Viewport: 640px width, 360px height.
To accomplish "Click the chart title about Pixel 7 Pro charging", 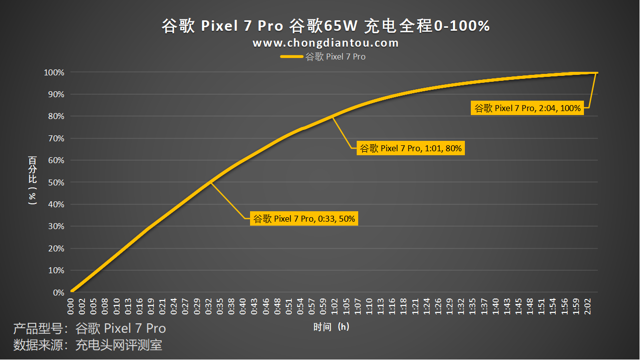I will tap(326, 26).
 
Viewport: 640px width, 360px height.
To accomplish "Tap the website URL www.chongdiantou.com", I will tap(325, 43).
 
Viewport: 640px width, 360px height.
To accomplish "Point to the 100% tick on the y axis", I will tap(54, 72).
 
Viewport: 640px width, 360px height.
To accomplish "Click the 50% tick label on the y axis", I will tap(56, 182).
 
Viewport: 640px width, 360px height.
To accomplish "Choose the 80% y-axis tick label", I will tap(56, 117).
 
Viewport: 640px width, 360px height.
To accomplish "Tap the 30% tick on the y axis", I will tap(56, 227).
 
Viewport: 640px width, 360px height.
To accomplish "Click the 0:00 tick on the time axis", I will tap(71, 306).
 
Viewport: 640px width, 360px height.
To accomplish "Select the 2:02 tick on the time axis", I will tap(587, 306).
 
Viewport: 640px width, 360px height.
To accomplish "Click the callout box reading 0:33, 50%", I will tap(304, 219).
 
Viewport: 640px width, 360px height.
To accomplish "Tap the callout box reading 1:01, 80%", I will tap(410, 148).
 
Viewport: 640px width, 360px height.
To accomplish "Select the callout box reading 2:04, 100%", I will tap(527, 108).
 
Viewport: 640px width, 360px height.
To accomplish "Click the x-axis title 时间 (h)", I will tap(331, 327).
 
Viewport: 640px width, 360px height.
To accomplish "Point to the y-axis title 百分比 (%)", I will tap(33, 180).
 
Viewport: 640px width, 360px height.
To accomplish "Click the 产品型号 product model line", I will tap(89, 328).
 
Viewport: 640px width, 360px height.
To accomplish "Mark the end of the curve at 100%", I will tap(597, 72).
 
